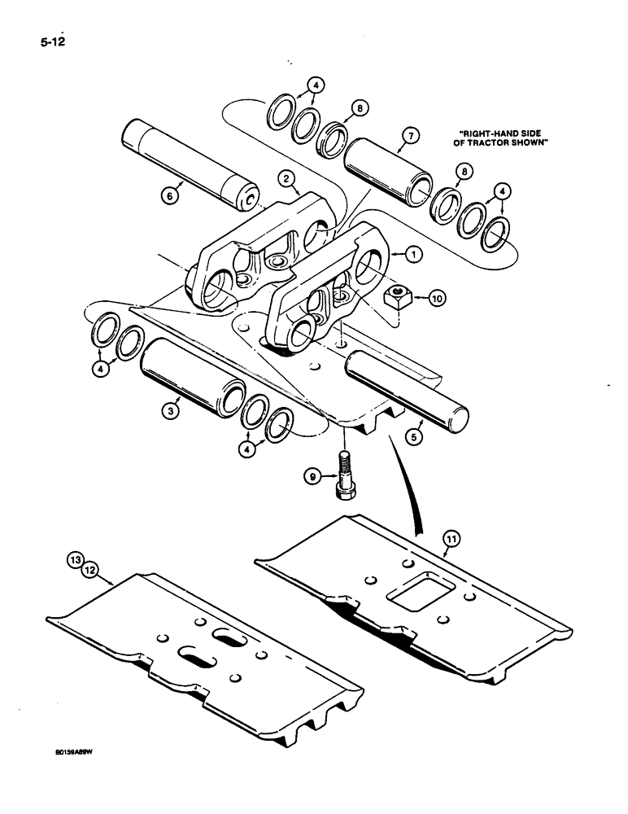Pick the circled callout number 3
(x=168, y=412)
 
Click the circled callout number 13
(x=75, y=559)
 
